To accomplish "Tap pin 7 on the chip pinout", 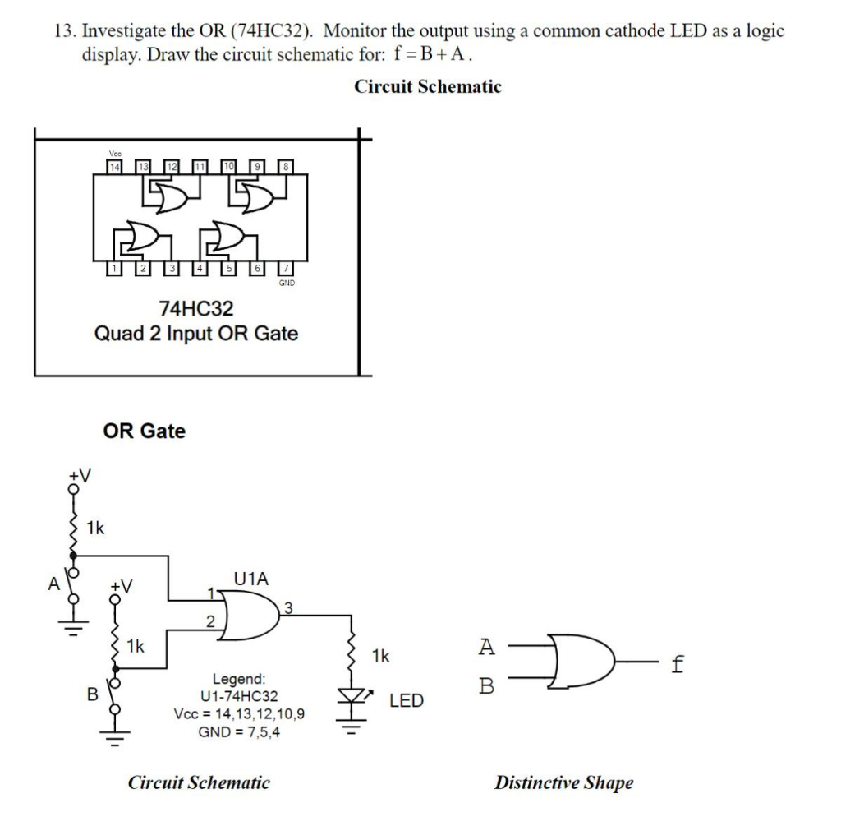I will pos(285,268).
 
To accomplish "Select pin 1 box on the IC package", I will pos(116,268).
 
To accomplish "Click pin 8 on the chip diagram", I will pos(285,167).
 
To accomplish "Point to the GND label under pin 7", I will pos(285,282).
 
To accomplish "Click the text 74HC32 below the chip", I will pos(196,309).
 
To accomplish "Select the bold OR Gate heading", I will pos(145,431).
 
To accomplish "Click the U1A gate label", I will pos(250,578).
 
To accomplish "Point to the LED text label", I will pos(406,701).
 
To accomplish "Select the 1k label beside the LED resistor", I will pos(380,656).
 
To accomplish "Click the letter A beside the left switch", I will pos(53,584).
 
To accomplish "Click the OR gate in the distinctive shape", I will pos(583,662).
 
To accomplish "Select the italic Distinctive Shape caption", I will pos(563,782).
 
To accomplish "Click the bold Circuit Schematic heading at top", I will pos(427,86).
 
